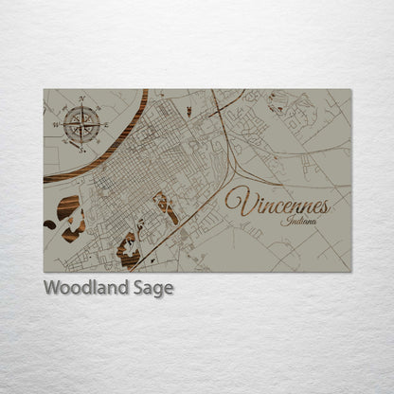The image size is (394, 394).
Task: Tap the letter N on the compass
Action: click(x=81, y=99)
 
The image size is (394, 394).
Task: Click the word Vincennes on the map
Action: click(x=277, y=204)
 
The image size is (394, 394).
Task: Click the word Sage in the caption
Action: click(x=153, y=289)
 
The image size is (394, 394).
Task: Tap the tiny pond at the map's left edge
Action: click(x=49, y=224)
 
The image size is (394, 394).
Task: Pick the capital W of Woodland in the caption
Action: click(x=53, y=288)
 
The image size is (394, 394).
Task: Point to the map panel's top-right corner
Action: click(x=350, y=90)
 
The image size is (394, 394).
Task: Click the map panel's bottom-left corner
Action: click(x=44, y=272)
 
